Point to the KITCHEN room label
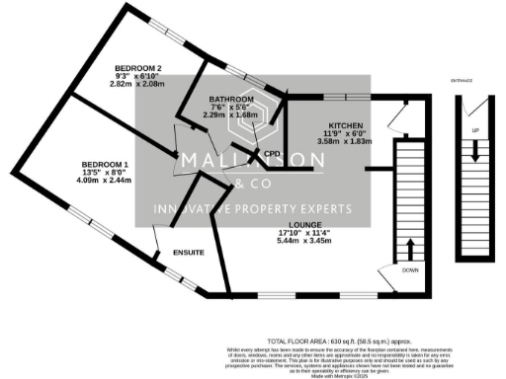tap(347, 127)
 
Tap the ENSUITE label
tap(189, 254)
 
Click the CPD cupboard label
tap(273, 153)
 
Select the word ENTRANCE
tap(462, 79)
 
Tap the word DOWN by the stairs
tap(410, 269)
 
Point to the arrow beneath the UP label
tap(475, 150)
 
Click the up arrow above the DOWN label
tap(410, 246)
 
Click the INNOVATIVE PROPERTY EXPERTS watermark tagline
tap(251, 210)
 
